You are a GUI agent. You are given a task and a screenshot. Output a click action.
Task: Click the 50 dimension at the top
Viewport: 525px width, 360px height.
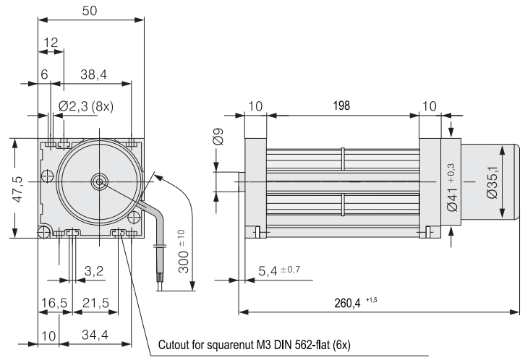pos(89,12)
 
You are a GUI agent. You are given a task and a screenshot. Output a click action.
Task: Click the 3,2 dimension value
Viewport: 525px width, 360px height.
pos(93,272)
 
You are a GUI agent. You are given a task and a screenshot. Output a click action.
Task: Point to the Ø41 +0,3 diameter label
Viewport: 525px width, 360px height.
pos(452,186)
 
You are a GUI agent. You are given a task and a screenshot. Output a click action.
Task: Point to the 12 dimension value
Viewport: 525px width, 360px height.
pos(50,43)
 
